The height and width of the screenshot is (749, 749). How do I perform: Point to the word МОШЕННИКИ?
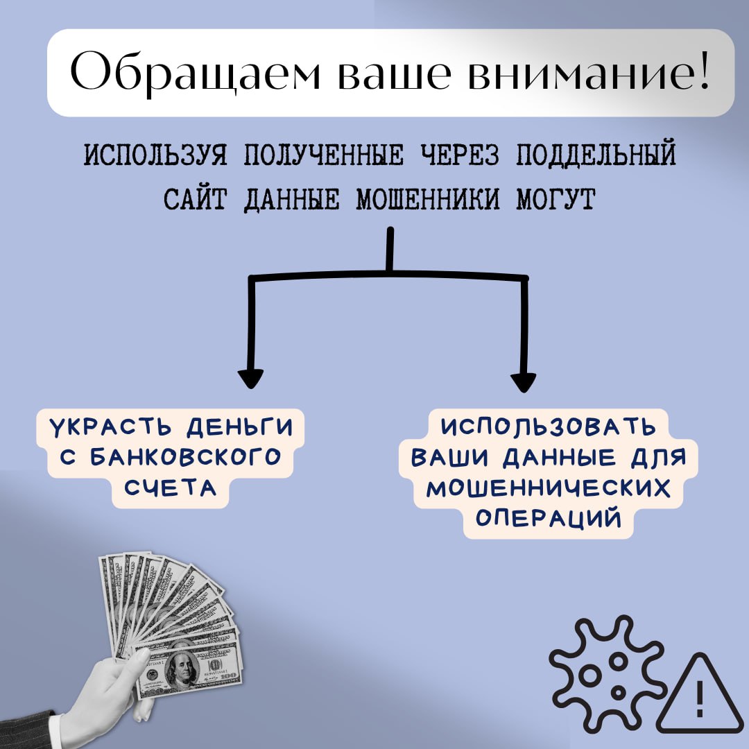coord(427,199)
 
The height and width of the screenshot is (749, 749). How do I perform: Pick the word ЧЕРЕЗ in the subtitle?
coord(460,155)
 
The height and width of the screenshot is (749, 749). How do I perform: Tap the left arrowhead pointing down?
coord(250,379)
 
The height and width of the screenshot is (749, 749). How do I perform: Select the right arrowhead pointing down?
coord(523,382)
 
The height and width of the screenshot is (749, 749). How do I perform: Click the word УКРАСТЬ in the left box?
coord(111,427)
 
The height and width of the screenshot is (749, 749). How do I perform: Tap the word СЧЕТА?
coord(171,488)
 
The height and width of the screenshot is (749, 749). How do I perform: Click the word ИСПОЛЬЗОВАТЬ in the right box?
coord(548,427)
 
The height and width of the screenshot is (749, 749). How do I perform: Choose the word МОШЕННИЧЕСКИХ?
coord(549,488)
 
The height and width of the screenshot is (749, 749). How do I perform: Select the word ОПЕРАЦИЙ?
coord(549,518)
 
